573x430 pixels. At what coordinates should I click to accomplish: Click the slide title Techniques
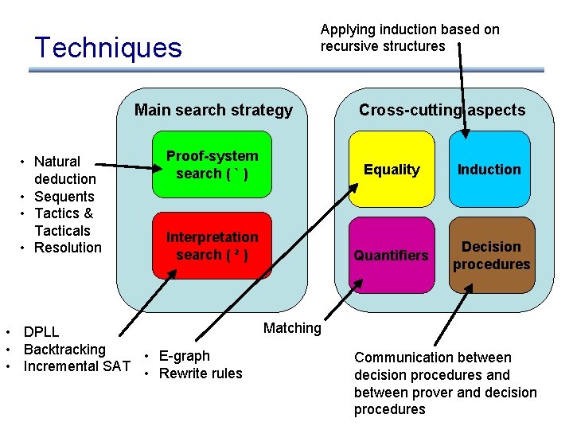(108, 48)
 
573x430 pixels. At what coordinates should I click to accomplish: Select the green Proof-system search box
(212, 165)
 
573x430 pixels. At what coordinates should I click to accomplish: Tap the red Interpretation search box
(212, 246)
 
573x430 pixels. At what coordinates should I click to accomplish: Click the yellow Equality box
(392, 170)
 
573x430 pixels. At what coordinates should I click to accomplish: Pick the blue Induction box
(489, 170)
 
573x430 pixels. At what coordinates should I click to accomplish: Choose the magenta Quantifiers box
(392, 255)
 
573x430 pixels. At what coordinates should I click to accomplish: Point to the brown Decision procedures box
(491, 255)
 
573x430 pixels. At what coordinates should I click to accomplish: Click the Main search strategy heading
(213, 110)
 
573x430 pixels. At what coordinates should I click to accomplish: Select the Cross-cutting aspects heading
(442, 110)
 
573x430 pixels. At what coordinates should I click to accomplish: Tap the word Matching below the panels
(292, 327)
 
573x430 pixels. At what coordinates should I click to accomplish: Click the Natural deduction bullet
(64, 170)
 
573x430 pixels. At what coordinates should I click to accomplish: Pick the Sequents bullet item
(64, 197)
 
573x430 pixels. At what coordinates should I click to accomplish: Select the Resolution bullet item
(68, 248)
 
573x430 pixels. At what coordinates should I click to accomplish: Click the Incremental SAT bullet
(76, 366)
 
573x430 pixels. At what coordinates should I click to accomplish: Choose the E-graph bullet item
(184, 356)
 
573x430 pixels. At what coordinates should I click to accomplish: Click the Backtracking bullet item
(64, 349)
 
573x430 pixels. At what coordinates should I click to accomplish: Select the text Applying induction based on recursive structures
(410, 37)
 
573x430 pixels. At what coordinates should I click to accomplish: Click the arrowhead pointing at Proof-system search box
(156, 168)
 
